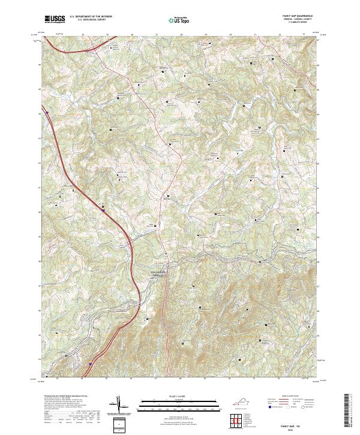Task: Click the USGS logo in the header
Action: pos(55,19)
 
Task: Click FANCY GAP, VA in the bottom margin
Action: pos(298,425)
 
